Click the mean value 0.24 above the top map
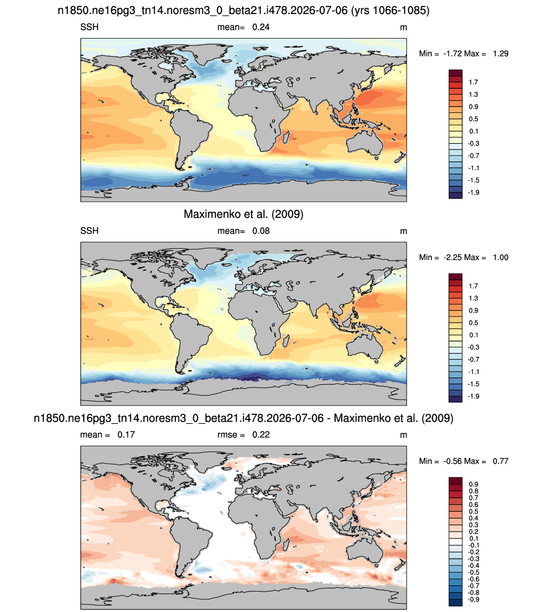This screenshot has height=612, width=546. click(261, 27)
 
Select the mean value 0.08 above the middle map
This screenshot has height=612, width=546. click(261, 231)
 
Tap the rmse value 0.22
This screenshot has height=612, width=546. click(261, 434)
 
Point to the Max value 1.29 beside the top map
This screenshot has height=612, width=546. click(501, 54)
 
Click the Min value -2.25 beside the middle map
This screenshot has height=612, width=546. click(453, 258)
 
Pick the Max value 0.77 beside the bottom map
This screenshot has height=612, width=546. click(501, 461)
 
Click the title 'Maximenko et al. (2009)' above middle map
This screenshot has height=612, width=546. click(243, 214)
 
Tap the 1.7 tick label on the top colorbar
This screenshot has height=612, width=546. click(473, 82)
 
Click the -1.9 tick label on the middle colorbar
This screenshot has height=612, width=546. click(473, 396)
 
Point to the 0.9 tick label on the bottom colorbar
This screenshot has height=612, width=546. click(473, 484)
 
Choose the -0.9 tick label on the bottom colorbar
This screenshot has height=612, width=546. click(473, 600)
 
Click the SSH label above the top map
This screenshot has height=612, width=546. click(89, 27)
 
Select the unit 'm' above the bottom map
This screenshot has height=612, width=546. click(403, 435)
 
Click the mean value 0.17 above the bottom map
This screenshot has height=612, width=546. click(126, 434)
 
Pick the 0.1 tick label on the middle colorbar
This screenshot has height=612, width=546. click(473, 335)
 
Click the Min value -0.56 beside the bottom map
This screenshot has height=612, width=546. click(453, 461)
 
